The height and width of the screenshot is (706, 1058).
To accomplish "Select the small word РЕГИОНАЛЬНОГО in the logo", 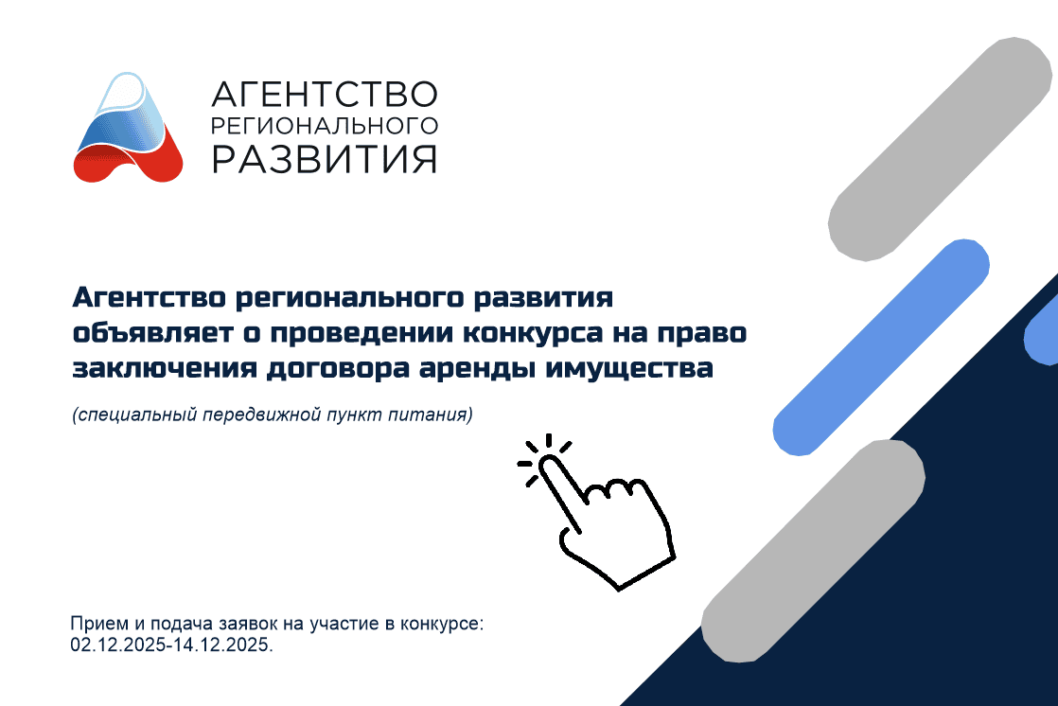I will click(x=324, y=126).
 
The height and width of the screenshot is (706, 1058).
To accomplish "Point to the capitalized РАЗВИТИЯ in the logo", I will click(x=324, y=158).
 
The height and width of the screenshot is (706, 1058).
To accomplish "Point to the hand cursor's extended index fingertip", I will click(x=548, y=464).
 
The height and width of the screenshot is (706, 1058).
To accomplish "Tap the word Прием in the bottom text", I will click(x=94, y=626).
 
